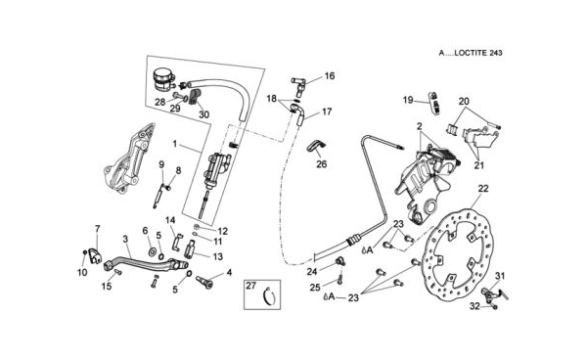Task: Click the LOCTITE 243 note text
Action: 471,53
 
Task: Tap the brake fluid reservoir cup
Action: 163,79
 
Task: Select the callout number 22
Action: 483,189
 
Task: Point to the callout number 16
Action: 330,76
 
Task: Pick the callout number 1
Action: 174,144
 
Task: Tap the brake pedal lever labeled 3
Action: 145,260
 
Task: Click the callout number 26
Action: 322,164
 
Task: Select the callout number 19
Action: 408,101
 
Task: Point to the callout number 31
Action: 500,276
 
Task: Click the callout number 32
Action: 475,306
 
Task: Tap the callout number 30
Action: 203,114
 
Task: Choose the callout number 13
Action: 217,256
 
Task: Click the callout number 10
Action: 82,272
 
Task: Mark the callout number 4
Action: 229,273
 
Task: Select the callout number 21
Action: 479,165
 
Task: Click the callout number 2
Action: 420,126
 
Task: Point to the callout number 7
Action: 97,229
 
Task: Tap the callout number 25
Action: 315,288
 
